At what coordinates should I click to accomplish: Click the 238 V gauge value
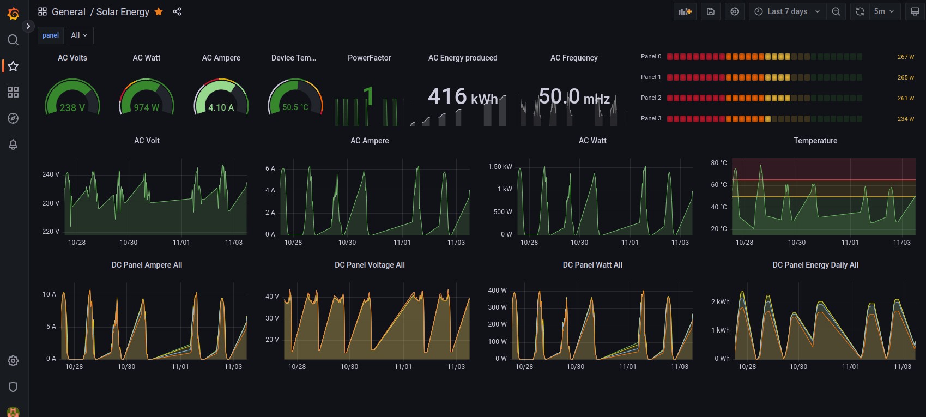[72, 108]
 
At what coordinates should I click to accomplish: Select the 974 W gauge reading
[147, 108]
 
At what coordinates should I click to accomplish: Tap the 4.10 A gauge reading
[221, 108]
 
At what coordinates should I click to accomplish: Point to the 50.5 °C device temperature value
[295, 107]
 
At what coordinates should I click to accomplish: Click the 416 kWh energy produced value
[463, 97]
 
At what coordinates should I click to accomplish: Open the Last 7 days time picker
[787, 11]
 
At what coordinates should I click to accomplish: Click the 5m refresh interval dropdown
[883, 11]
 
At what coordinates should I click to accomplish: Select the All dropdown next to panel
[79, 35]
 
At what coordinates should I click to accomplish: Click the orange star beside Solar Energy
[159, 11]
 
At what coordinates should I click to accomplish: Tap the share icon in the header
[177, 11]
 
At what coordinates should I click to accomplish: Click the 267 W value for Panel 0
[905, 57]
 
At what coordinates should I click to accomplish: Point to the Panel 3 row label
[651, 118]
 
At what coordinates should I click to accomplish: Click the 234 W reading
[905, 119]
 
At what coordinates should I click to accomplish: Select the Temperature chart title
[815, 141]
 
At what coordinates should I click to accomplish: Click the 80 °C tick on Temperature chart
[718, 163]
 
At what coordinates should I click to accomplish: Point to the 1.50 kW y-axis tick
[500, 167]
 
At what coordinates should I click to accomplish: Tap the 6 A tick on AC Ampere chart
[270, 168]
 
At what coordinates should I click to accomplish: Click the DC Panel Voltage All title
[370, 265]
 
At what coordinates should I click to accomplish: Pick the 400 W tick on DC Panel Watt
[497, 291]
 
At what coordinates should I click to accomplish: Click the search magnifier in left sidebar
[13, 40]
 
